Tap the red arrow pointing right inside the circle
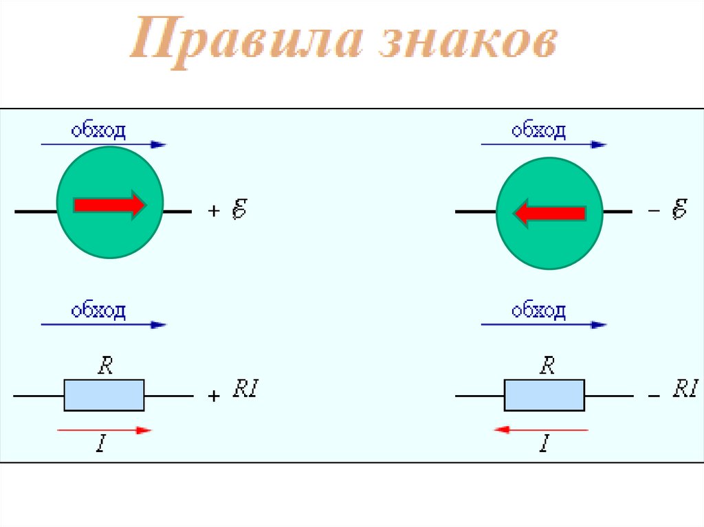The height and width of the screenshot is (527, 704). pyautogui.click(x=110, y=205)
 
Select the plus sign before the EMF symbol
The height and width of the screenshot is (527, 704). pyautogui.click(x=213, y=212)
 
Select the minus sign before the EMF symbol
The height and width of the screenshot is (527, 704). pyautogui.click(x=654, y=210)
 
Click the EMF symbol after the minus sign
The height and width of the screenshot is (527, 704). pyautogui.click(x=679, y=209)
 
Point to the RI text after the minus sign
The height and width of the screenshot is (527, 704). pyautogui.click(x=685, y=391)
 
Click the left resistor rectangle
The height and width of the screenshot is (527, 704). pyautogui.click(x=104, y=395)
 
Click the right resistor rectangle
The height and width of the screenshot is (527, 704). pyautogui.click(x=544, y=395)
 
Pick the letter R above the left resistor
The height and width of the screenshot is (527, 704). pyautogui.click(x=105, y=366)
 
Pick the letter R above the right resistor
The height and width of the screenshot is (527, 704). pyautogui.click(x=547, y=366)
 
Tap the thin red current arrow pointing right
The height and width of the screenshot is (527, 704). pyautogui.click(x=104, y=430)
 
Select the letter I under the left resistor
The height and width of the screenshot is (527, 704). pyautogui.click(x=101, y=445)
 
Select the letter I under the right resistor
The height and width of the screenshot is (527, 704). pyautogui.click(x=543, y=445)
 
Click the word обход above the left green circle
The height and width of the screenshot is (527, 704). pyautogui.click(x=99, y=131)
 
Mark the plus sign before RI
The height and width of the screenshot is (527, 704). pyautogui.click(x=214, y=396)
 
